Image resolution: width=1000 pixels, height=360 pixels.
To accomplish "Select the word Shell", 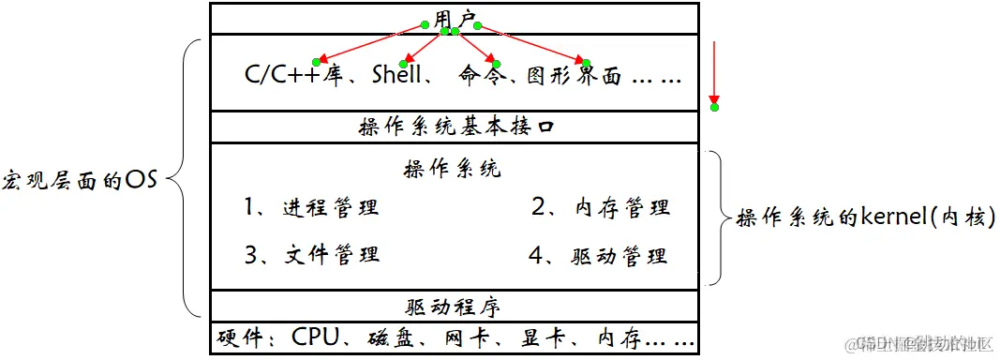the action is (397, 75).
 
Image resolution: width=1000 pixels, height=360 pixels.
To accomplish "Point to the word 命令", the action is (481, 76).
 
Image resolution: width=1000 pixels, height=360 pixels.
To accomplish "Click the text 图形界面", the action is (571, 76).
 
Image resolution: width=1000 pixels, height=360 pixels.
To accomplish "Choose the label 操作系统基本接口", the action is (455, 127).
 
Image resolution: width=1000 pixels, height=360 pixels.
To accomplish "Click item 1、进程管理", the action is (311, 207).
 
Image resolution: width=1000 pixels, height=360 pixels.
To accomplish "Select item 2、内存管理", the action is (601, 207).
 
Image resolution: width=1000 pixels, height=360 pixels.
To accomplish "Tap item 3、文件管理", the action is (311, 255).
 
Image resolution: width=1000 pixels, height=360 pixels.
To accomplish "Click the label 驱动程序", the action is (454, 306).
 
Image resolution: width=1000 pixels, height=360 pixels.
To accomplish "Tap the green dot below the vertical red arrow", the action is (714, 107).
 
